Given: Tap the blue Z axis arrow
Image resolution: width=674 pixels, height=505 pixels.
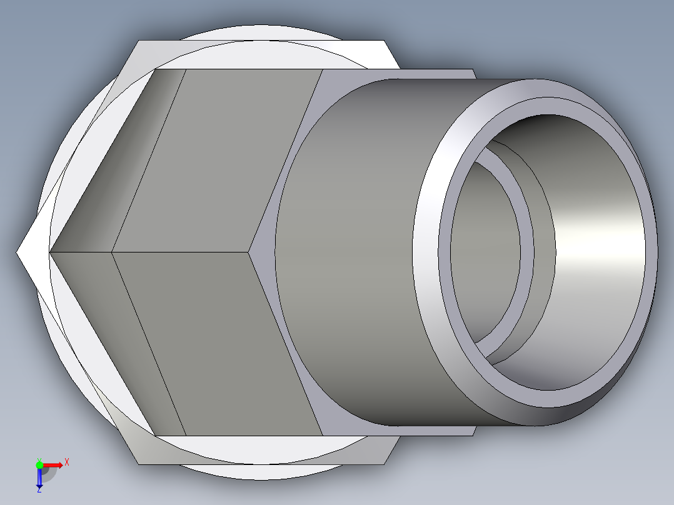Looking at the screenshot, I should click(39, 478).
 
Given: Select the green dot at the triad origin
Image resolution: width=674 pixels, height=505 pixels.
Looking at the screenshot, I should click(39, 464).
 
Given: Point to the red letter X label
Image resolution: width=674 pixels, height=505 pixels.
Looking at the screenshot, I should click(67, 462).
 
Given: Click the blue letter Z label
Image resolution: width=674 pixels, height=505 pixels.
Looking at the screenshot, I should click(39, 491).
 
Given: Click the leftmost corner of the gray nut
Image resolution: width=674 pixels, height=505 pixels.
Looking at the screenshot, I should click(51, 252).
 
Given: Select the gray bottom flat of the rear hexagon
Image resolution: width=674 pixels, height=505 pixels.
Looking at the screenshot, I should click(263, 451).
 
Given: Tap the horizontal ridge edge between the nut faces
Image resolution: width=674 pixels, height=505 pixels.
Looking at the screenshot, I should click(181, 252).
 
